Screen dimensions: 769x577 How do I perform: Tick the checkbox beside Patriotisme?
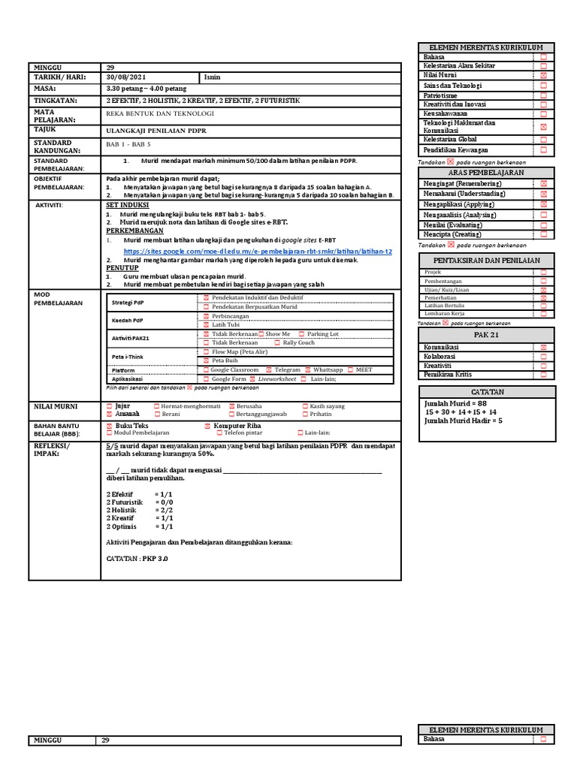[543, 96]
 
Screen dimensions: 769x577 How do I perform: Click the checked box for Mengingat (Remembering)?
[543, 183]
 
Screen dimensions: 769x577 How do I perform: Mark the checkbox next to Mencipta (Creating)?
[543, 234]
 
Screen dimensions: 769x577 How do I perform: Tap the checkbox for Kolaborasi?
[543, 356]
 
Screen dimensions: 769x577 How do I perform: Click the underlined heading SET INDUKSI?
[128, 204]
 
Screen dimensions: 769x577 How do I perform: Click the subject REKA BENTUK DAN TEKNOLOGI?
[160, 113]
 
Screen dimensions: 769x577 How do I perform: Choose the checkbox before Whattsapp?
[308, 369]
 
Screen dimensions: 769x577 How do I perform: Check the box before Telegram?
[268, 369]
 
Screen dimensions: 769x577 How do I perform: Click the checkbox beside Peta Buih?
[207, 360]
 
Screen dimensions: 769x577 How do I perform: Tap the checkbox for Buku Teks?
[109, 424]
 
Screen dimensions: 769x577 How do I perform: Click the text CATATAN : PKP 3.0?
[137, 559]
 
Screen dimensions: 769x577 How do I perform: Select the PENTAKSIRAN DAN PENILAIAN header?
[487, 260]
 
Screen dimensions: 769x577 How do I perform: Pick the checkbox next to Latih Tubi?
[207, 324]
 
